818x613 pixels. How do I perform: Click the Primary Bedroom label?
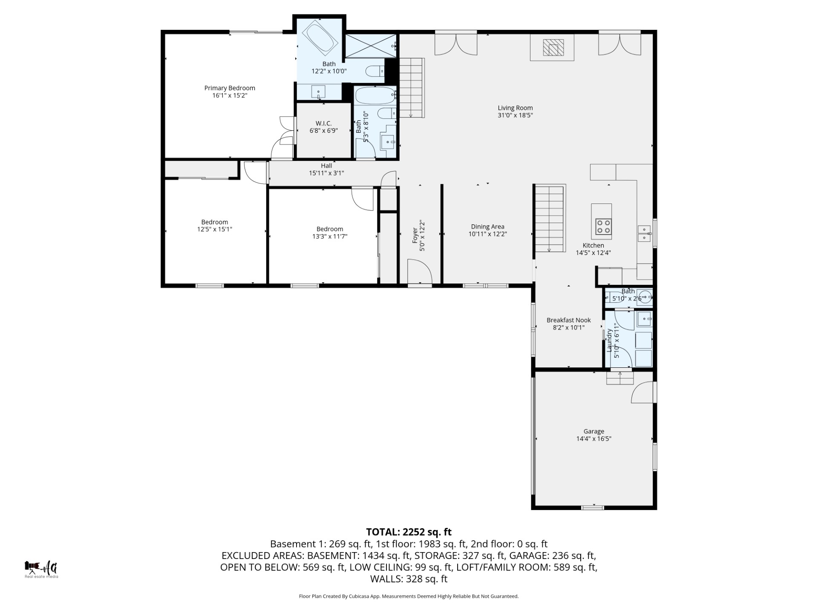click(229, 88)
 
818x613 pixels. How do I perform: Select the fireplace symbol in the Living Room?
click(553, 47)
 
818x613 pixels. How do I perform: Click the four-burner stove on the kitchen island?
click(603, 226)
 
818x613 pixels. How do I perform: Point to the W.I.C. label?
click(323, 123)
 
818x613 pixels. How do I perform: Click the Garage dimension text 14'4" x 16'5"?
click(593, 438)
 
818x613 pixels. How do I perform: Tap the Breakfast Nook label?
click(568, 320)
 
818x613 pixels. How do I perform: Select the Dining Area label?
click(487, 226)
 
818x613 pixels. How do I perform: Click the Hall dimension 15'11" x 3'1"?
click(326, 173)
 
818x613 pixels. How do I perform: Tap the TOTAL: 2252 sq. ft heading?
click(409, 532)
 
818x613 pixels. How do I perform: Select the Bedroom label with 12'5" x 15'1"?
click(214, 222)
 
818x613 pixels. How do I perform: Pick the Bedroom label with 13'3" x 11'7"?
click(329, 229)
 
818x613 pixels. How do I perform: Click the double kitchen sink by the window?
click(644, 233)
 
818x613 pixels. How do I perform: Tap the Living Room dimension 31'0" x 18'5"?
click(515, 115)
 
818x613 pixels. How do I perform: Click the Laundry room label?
click(609, 340)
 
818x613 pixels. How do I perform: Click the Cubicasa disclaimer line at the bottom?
click(409, 596)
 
